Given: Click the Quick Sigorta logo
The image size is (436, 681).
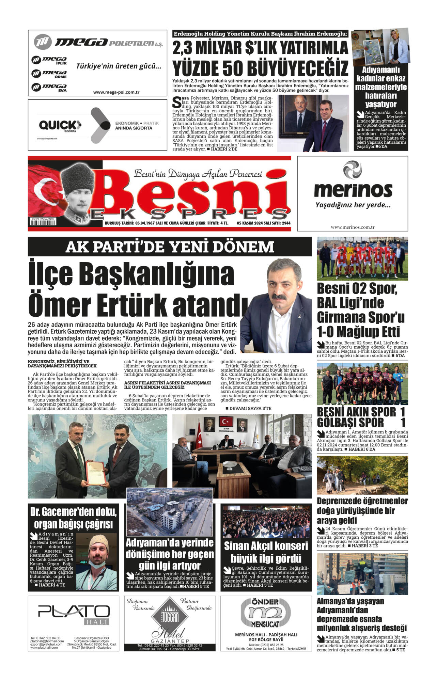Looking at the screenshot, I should (x=60, y=126).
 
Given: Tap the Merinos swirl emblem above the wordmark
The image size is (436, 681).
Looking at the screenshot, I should (x=352, y=170).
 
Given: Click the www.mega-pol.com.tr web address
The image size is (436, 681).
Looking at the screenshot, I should (x=116, y=92).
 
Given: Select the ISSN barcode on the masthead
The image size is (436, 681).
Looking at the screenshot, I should (x=43, y=223).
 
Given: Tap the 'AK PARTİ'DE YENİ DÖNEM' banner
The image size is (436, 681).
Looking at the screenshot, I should (x=170, y=247).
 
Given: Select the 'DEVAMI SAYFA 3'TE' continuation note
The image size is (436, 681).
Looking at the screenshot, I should (x=248, y=408).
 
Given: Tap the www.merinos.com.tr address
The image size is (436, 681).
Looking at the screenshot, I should (x=353, y=227).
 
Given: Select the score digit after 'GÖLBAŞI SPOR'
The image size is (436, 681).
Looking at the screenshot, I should (x=403, y=423).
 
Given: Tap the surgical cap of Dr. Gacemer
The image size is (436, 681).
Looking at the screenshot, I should (x=98, y=541).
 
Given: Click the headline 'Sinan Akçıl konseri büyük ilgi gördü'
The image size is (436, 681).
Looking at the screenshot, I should (x=266, y=552).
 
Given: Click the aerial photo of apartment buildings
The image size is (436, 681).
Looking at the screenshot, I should (x=169, y=512).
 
